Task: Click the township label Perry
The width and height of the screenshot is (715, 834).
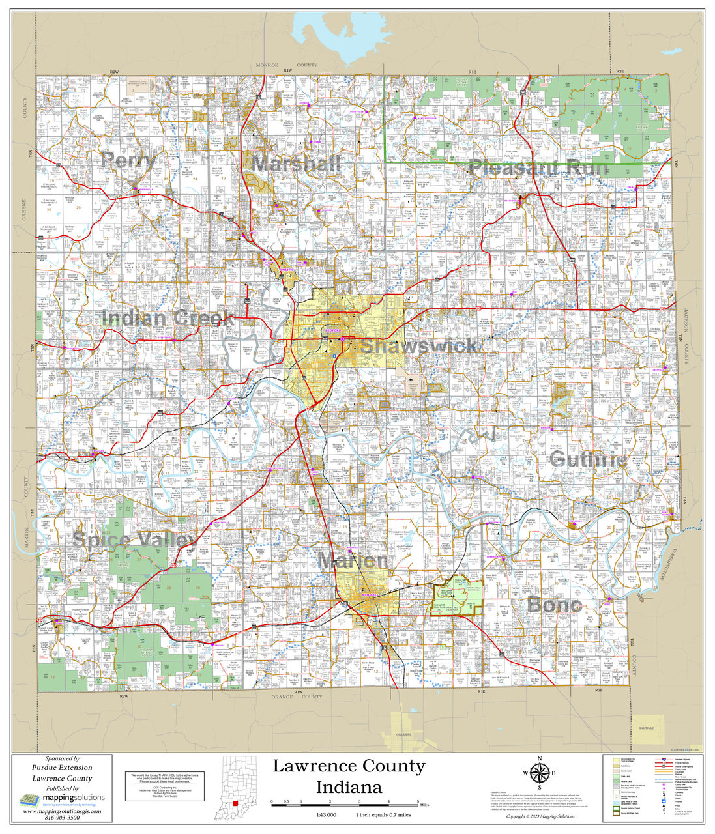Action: pos(128,160)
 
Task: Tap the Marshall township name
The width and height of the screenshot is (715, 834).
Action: pos(297,164)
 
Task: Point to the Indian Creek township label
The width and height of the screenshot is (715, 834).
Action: pos(168,319)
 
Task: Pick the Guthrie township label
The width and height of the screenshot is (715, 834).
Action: pos(588,460)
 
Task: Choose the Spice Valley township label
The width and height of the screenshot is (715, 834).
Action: pos(134,539)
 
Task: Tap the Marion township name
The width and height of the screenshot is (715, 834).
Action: pos(352,560)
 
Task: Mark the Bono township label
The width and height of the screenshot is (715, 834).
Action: pos(554,605)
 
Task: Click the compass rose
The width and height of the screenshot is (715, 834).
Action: pos(539,773)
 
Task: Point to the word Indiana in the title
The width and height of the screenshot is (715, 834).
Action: pos(349,787)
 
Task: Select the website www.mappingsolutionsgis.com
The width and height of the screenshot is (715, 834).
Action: pos(62,811)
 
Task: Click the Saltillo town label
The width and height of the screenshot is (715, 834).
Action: pos(646,726)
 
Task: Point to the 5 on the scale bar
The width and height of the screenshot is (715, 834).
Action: pos(418,801)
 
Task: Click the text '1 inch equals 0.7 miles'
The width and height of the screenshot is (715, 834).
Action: pos(383,815)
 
